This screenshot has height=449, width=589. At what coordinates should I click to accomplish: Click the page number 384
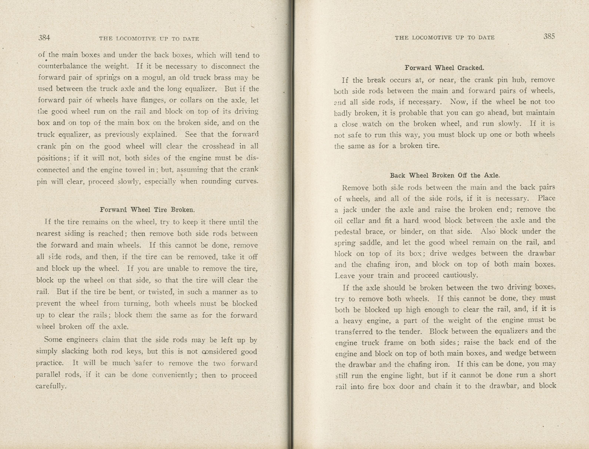tap(44, 38)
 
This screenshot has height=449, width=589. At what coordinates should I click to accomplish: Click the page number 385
tap(549, 36)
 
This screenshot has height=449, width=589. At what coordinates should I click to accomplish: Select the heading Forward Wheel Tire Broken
tap(147, 210)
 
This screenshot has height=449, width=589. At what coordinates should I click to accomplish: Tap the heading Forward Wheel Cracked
tap(444, 68)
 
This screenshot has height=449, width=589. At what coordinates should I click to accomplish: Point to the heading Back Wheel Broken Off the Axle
tap(445, 176)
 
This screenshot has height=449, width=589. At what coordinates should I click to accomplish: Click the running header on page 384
tap(149, 39)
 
